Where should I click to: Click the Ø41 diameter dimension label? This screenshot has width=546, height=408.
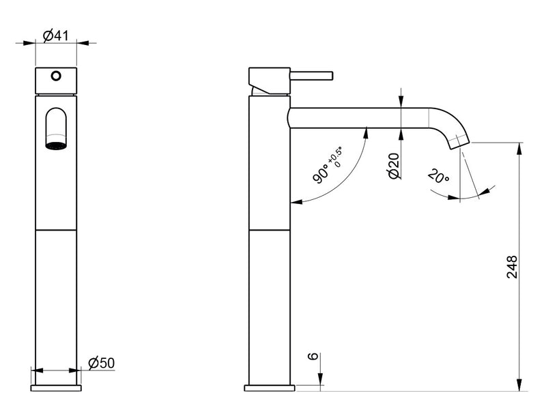tap(55, 36)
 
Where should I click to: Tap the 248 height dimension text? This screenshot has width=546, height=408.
tap(513, 267)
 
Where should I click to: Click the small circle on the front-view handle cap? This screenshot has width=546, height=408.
tap(56, 76)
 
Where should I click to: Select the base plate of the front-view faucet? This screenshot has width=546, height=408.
tap(56, 388)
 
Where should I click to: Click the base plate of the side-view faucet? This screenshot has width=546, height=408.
tap(270, 388)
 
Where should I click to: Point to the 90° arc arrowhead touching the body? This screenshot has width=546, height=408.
tap(294, 202)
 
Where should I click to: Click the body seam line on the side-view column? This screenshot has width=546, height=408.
tap(270, 230)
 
